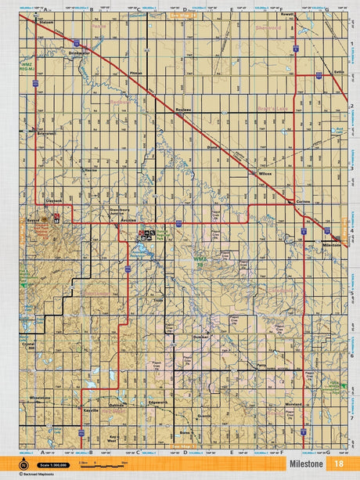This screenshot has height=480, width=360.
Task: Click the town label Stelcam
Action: pos(47,23)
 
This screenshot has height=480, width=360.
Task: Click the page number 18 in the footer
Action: pos(339,464)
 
